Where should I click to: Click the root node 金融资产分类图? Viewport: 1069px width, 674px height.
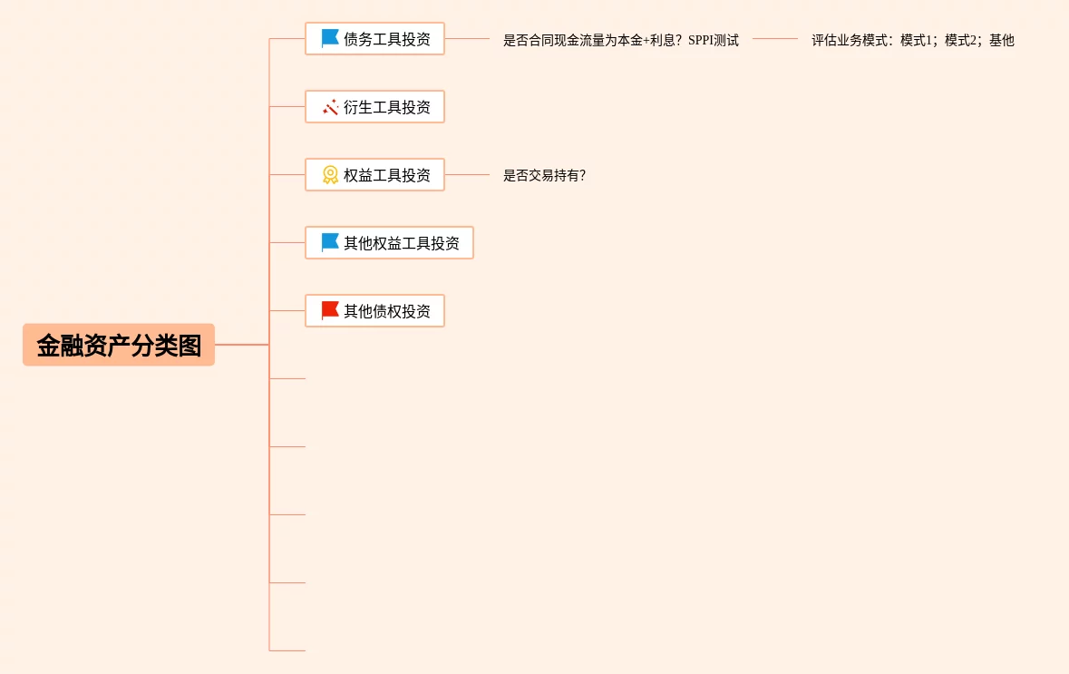tap(119, 345)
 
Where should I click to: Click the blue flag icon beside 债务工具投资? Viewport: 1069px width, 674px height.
tap(330, 39)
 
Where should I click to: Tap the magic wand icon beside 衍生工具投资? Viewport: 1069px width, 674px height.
tap(330, 107)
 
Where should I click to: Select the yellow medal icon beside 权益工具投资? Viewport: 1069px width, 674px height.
tap(330, 175)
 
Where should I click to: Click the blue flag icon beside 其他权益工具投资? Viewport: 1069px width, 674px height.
tap(330, 243)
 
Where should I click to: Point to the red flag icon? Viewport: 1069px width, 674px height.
tap(330, 311)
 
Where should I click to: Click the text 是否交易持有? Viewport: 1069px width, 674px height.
tap(544, 176)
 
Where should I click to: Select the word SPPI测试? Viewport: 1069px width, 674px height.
tap(714, 41)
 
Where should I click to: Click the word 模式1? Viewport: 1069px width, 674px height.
tap(918, 41)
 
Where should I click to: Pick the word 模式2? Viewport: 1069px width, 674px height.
tap(962, 41)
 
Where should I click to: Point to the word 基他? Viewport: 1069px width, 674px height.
tap(1002, 41)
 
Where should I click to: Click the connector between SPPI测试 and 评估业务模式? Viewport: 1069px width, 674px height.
tap(774, 39)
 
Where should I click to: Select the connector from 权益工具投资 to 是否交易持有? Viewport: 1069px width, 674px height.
tap(467, 175)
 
